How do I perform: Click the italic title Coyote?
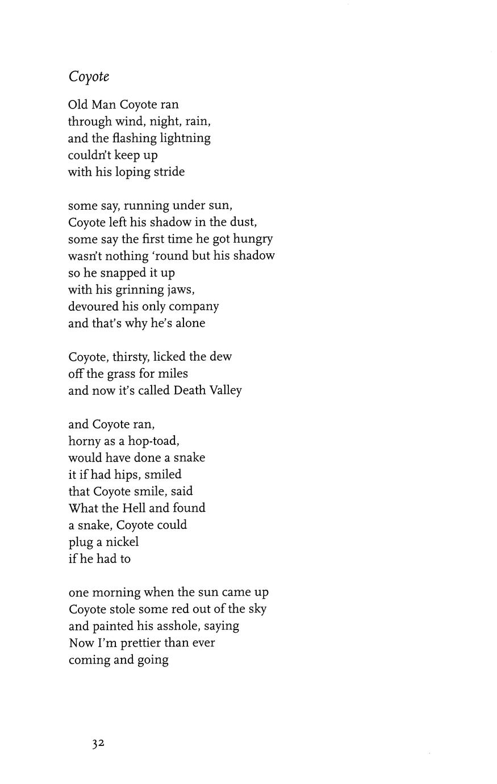pos(89,77)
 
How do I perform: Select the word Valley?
pos(227,391)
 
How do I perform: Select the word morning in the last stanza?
pos(116,593)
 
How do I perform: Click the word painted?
pos(114,626)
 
